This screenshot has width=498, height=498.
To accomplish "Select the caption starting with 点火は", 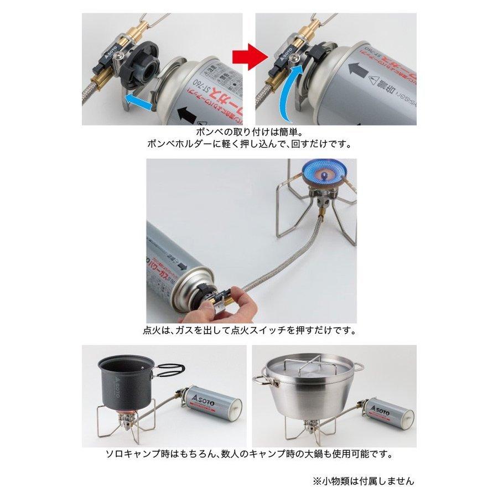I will [x=249, y=330].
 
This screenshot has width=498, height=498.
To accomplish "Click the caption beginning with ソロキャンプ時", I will [x=249, y=454].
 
